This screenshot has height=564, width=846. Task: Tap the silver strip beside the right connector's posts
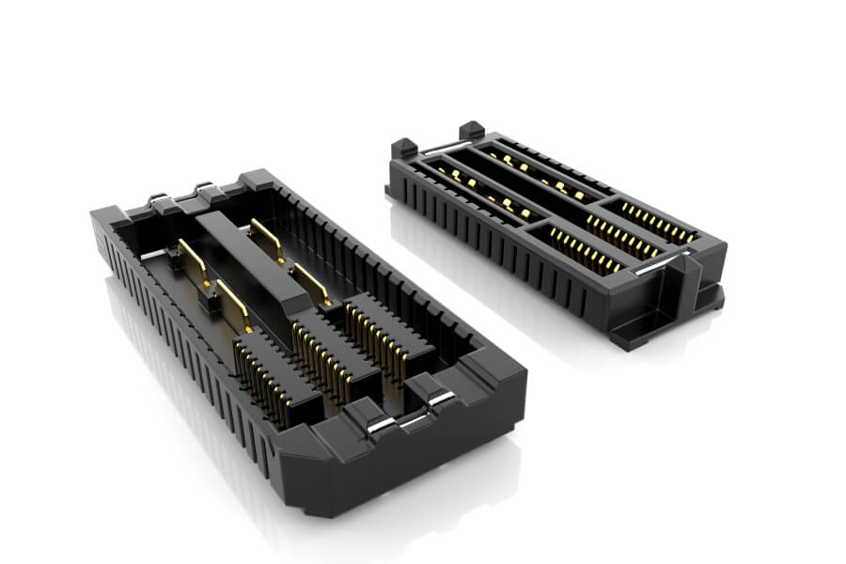point(438,146)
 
